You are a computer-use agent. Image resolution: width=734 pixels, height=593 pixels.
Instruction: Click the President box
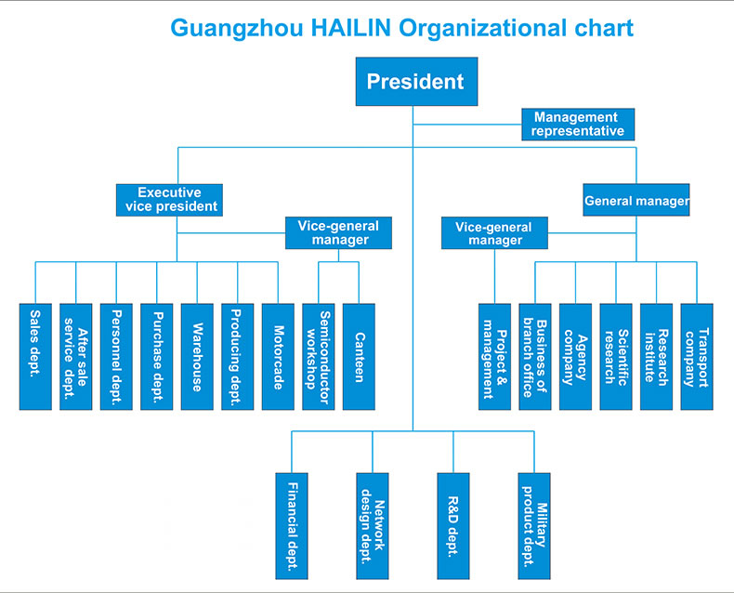414,82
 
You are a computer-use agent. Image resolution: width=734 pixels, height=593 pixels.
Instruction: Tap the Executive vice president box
171,200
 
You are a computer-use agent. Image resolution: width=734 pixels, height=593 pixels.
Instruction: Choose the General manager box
636,201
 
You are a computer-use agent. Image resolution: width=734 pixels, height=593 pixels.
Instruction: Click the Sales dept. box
35,356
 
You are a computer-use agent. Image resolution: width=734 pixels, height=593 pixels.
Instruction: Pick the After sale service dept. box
76,356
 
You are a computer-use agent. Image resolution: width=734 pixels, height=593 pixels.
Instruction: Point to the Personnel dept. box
116,356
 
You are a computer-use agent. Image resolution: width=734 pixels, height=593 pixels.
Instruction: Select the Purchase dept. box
157,356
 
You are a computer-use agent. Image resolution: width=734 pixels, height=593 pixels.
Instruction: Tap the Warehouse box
197,356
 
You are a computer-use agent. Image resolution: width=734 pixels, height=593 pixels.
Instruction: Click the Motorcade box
278,356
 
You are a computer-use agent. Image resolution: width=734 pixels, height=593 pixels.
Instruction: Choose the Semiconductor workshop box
319,356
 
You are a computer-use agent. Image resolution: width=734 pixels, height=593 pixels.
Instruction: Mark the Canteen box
359,356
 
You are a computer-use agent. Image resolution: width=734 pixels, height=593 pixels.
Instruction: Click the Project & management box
494,356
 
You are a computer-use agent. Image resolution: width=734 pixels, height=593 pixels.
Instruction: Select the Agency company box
575,356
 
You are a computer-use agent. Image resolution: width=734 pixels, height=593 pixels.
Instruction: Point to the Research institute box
656,356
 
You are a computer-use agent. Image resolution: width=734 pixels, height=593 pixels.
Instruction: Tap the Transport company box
697,356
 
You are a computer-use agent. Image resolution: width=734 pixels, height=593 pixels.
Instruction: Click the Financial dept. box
292,525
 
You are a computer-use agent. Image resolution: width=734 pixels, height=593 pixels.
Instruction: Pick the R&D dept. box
453,525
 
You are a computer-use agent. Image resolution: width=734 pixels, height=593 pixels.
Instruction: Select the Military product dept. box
534,525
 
